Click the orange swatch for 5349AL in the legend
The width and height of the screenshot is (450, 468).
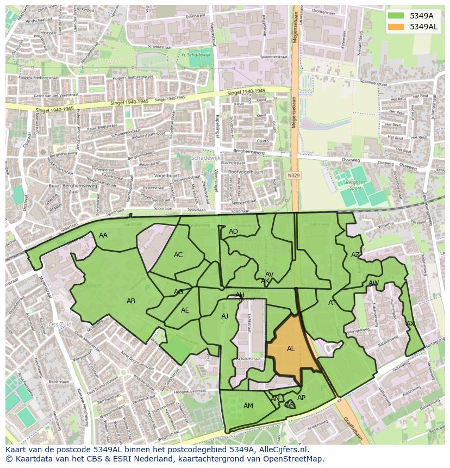(x=396, y=27)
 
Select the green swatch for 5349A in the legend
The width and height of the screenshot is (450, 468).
(x=396, y=15)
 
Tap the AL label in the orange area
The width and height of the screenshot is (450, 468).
(x=291, y=349)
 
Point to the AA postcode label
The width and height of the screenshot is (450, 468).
(x=103, y=235)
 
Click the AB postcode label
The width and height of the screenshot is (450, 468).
(x=131, y=301)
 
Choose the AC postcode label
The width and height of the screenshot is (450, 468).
(x=178, y=255)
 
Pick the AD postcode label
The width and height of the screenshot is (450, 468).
(x=233, y=232)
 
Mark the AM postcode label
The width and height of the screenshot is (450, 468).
(x=248, y=406)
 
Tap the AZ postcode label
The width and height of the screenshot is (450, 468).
(x=355, y=255)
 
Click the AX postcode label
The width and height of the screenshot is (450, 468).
(x=410, y=324)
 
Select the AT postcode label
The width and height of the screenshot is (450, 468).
(x=332, y=303)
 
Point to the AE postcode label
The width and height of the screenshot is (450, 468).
(x=185, y=310)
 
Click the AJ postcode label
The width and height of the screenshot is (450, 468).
(x=224, y=316)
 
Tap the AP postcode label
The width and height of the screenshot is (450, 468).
(x=301, y=398)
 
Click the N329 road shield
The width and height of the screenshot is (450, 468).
(x=293, y=176)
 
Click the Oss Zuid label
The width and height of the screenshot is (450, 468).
(x=60, y=325)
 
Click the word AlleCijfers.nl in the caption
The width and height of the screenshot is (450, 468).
(x=282, y=450)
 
